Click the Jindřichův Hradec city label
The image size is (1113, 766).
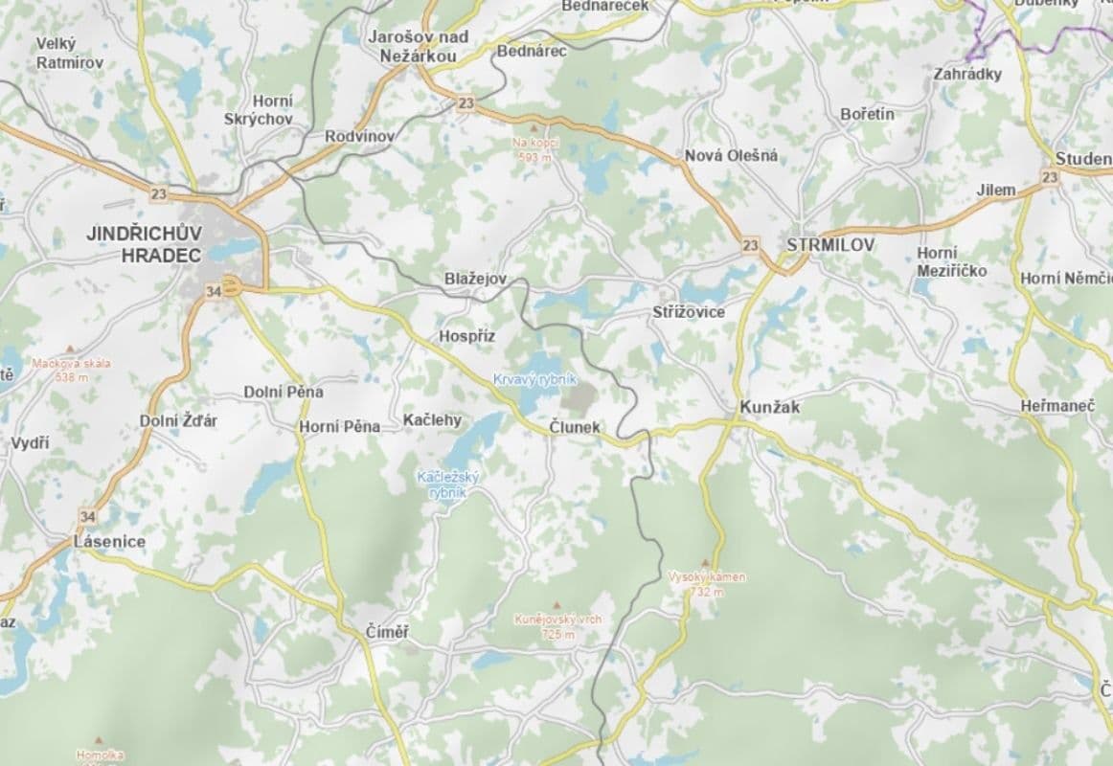(x=144, y=244)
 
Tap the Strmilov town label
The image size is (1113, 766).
(x=830, y=245)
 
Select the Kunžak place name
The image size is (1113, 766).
(x=769, y=407)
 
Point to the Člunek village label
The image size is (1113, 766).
(x=575, y=427)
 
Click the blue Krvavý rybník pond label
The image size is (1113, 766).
(x=535, y=379)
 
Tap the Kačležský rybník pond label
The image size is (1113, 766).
(x=448, y=484)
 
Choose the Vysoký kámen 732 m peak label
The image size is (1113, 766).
(x=707, y=584)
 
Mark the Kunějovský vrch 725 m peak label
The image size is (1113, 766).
(x=558, y=626)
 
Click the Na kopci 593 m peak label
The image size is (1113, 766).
(x=535, y=149)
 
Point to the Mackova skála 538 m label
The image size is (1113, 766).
(x=72, y=370)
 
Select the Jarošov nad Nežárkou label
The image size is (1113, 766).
(x=418, y=46)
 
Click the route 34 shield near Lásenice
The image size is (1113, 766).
(x=88, y=517)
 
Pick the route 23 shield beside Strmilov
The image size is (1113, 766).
(x=750, y=246)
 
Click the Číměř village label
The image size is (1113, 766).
(x=387, y=632)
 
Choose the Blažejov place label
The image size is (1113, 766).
(x=474, y=278)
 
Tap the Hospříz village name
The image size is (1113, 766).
(x=466, y=336)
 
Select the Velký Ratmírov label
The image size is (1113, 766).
(x=69, y=53)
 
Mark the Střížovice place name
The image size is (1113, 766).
(x=688, y=312)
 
